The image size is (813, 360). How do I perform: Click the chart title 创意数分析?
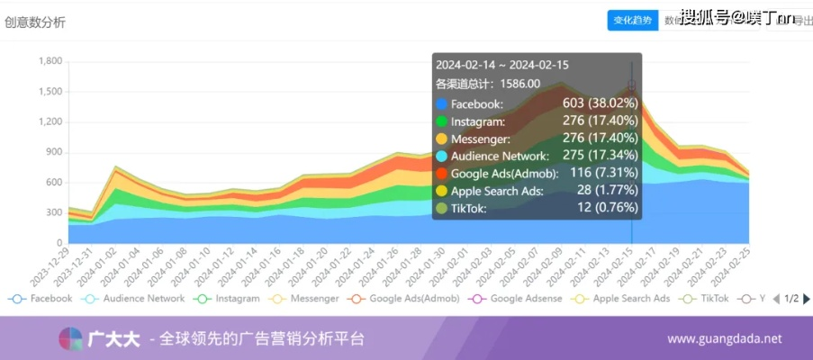35,22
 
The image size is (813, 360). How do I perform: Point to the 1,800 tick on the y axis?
50,61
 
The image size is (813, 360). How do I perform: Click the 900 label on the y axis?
54,152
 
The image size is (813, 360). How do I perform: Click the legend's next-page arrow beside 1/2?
807,299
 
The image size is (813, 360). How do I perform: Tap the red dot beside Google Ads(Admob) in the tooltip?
441,174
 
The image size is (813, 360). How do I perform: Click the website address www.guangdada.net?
724,339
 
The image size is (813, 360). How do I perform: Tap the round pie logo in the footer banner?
70,339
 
